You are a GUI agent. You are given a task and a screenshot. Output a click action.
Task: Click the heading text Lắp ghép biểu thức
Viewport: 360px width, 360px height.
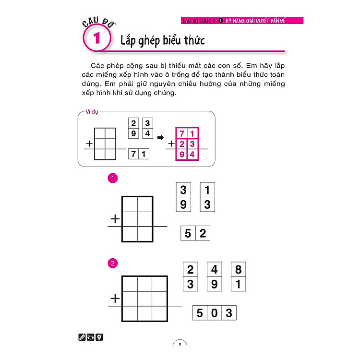point(163,40)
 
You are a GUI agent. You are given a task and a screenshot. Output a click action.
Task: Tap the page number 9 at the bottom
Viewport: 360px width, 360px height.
point(180,344)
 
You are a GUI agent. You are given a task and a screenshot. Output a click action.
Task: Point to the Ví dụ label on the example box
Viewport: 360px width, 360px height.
point(92,111)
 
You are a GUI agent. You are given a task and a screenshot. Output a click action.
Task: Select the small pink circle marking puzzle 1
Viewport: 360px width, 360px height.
point(113,179)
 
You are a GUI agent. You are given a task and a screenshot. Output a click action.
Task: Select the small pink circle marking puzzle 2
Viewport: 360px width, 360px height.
point(113,263)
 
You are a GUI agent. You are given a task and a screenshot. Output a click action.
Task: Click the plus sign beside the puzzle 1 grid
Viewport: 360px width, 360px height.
point(114,219)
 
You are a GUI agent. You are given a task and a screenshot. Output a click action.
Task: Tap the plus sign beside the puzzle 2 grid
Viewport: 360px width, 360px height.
point(114,299)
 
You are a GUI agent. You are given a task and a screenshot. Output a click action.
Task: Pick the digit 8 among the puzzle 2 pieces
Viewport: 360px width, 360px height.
point(238,269)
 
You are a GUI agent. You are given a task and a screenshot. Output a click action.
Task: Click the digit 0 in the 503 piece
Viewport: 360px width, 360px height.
point(215,313)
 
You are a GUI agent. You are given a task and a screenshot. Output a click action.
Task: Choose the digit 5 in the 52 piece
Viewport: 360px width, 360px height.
point(188,234)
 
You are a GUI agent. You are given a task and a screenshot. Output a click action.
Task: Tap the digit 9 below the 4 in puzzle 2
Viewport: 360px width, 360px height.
point(214,284)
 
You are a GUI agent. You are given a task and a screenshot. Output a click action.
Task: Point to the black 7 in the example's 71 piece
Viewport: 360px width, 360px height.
point(133,154)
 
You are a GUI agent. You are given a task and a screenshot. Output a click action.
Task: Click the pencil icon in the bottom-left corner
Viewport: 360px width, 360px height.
point(82,337)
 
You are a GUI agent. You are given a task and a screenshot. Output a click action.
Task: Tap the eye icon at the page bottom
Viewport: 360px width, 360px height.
point(90,337)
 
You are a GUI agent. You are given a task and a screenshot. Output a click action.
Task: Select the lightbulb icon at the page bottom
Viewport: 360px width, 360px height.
point(99,337)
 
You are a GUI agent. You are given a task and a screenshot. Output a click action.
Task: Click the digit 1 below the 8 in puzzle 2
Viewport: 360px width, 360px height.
point(238,284)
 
